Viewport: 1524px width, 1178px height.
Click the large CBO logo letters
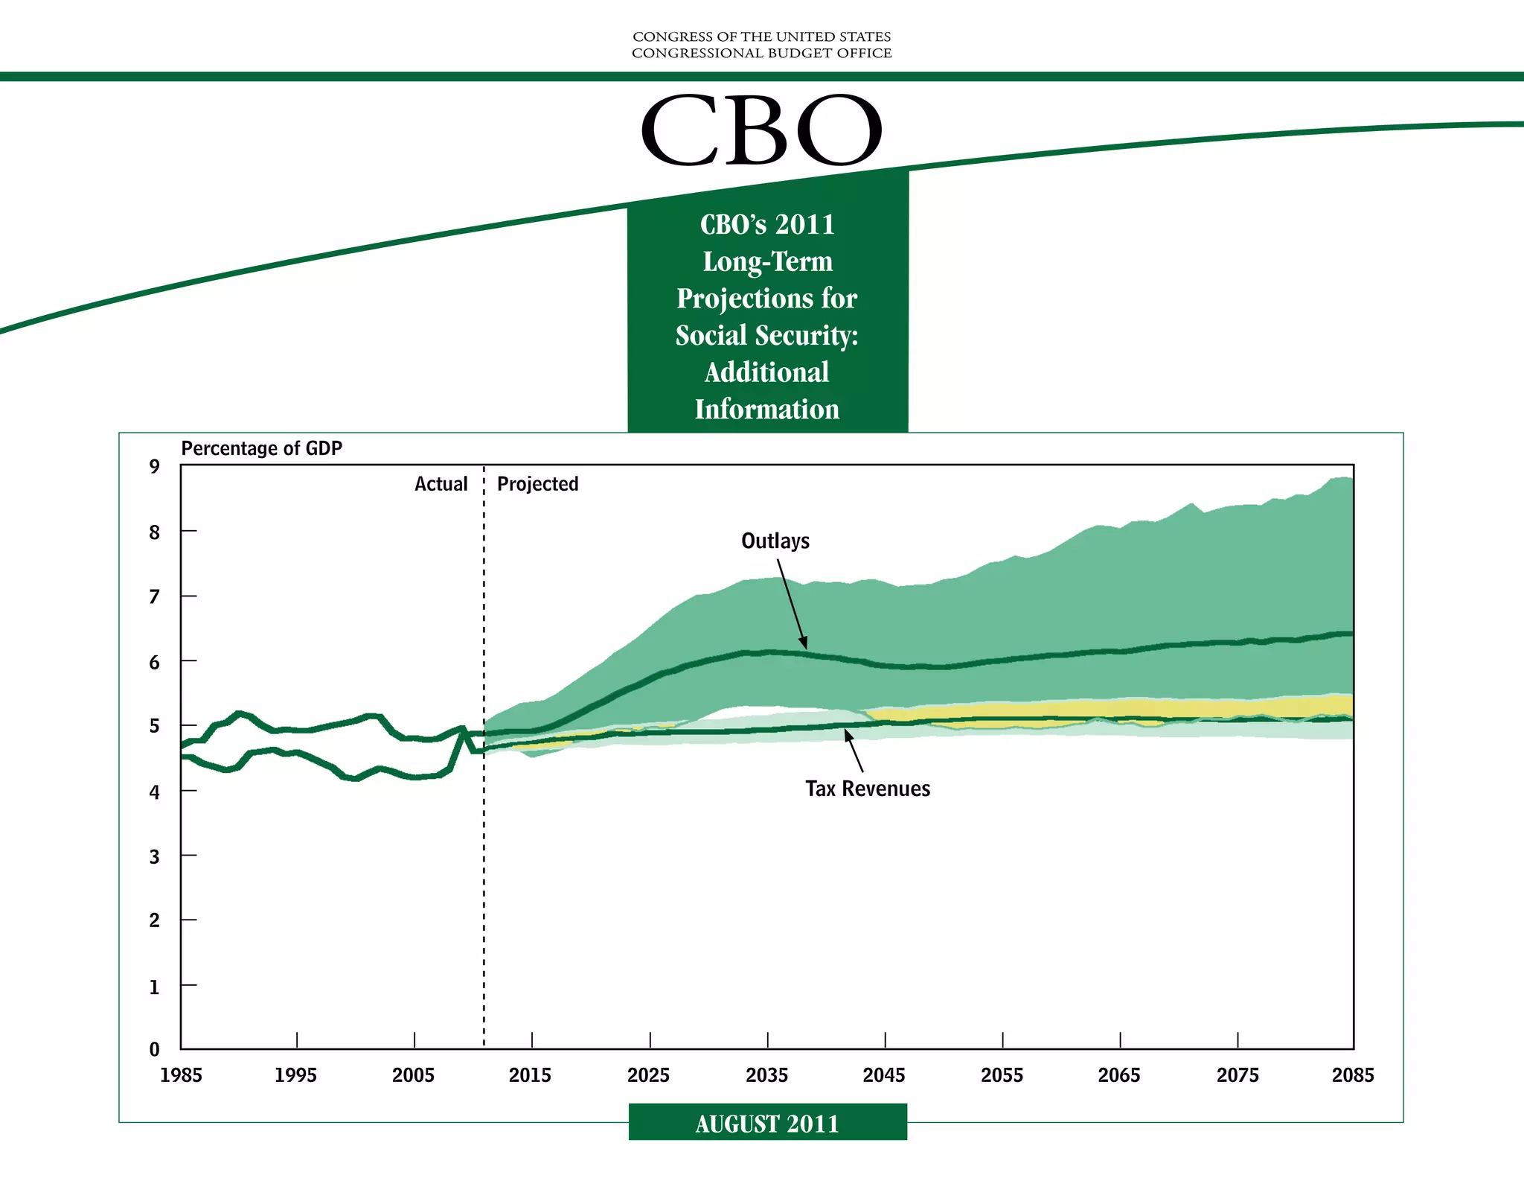(x=761, y=130)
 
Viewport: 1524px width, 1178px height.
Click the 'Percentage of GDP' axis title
(x=262, y=448)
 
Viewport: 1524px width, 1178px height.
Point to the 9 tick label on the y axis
(x=155, y=467)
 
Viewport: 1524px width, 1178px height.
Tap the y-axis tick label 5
(x=155, y=726)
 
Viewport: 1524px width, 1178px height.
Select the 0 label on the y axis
(x=155, y=1049)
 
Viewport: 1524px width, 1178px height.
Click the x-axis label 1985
(x=181, y=1075)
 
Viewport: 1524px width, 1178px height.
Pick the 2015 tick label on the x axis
(x=531, y=1075)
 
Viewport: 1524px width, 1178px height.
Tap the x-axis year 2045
(x=884, y=1075)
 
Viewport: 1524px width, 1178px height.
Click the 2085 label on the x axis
(x=1353, y=1075)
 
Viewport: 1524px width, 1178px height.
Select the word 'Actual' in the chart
(x=441, y=484)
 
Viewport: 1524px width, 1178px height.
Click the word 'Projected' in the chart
(x=538, y=484)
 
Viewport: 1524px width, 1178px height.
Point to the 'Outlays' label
(x=775, y=541)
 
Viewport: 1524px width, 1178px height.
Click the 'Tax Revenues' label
(x=868, y=789)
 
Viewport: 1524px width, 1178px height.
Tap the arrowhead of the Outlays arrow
(x=804, y=643)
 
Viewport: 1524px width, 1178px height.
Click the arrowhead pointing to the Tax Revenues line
(x=848, y=735)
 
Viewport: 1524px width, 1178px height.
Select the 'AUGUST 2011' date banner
(x=767, y=1124)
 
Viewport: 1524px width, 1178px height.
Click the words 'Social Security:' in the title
(x=767, y=335)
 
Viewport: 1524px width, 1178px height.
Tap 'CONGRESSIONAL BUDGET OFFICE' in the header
(x=762, y=53)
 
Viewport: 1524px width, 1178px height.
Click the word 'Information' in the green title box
(x=767, y=409)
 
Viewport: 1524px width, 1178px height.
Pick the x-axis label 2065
(x=1119, y=1075)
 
